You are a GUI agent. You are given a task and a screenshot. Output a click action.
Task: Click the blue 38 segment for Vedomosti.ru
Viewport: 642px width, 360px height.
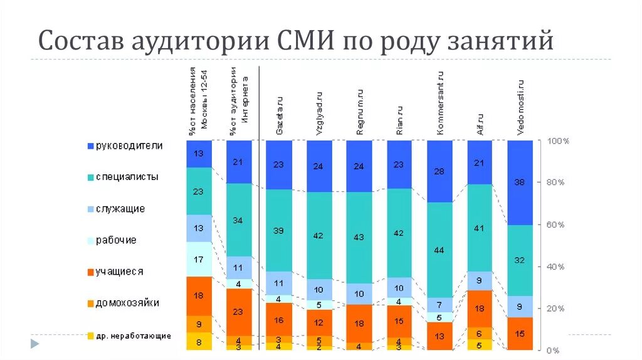coord(520,183)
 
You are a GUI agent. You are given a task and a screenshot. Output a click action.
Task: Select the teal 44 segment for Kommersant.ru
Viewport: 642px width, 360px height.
coord(439,250)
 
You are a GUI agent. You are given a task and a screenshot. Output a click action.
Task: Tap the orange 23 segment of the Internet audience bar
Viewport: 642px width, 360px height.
coord(238,312)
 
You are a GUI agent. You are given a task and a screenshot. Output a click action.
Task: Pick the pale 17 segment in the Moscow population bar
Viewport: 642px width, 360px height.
coord(199,259)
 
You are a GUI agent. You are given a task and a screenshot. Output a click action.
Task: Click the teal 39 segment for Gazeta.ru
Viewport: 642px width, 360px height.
coord(279,230)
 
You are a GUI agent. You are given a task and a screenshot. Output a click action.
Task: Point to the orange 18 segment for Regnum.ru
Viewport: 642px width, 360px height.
coord(359,324)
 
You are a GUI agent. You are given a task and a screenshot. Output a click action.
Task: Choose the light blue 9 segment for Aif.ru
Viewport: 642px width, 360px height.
coord(480,281)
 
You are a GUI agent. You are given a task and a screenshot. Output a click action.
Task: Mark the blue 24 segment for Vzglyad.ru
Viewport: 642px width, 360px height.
coord(319,166)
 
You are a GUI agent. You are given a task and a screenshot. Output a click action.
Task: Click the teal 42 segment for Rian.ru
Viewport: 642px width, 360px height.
coord(399,233)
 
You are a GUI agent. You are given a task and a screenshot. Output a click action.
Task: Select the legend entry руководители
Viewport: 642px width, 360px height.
coord(129,146)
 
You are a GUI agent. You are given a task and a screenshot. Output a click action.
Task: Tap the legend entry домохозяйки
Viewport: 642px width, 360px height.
coord(127,304)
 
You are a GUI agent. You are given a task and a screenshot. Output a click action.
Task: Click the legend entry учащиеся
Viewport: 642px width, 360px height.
coord(119,272)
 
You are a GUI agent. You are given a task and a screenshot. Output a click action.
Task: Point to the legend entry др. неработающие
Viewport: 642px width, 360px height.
coord(133,336)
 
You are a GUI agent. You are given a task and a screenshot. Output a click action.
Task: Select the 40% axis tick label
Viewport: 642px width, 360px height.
coord(555,267)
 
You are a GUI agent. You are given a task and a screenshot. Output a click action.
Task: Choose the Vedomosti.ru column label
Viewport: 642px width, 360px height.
coord(520,107)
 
